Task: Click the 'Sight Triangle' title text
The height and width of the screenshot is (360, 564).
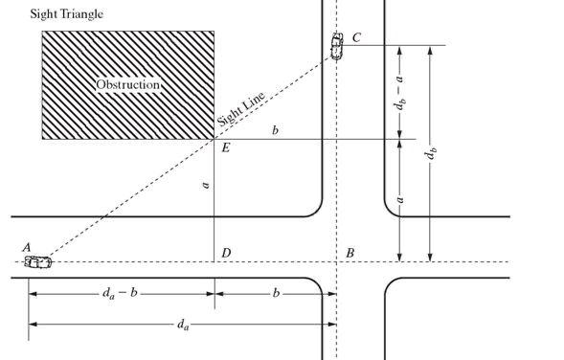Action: pos(54,14)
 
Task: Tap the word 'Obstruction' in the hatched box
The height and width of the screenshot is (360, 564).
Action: pos(127,84)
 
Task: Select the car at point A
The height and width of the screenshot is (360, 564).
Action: pos(37,260)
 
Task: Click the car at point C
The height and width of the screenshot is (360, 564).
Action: pos(337,45)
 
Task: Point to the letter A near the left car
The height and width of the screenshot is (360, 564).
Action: pos(27,247)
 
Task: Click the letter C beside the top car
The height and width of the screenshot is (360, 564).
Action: pos(356,37)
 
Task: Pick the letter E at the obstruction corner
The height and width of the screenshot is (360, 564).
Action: pos(225,148)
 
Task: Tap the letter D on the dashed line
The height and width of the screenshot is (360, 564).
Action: pos(226,253)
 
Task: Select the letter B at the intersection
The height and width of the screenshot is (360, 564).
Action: pos(350,253)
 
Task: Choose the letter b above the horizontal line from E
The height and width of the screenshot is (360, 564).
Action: pos(275,129)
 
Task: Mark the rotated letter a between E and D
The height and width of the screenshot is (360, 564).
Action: pos(205,184)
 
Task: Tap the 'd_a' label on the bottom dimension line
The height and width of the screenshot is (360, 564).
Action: pos(182,325)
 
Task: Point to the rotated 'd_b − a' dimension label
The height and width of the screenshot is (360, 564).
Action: pos(399,92)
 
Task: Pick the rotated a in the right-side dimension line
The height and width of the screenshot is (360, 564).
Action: pos(399,199)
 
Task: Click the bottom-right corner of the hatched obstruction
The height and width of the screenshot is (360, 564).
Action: pos(214,139)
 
